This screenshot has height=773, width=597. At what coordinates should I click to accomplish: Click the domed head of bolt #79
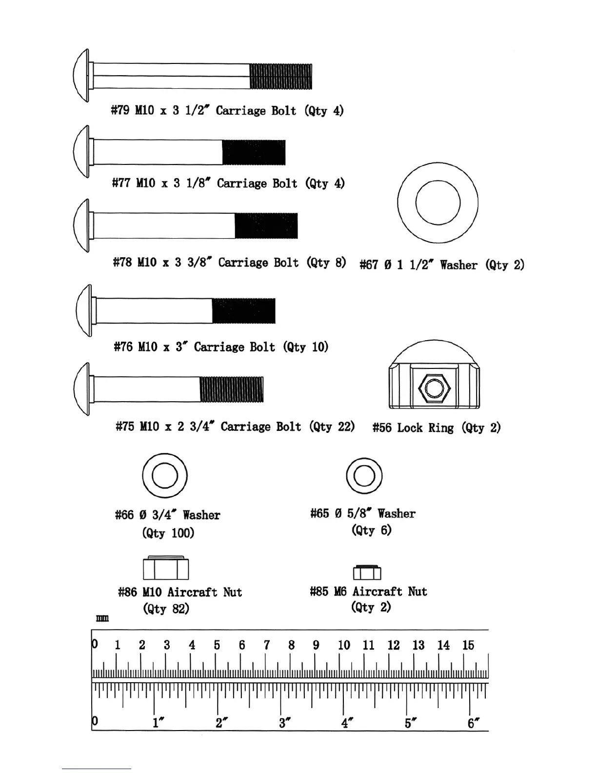81,76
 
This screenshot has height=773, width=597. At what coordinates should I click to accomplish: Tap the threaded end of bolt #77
254,152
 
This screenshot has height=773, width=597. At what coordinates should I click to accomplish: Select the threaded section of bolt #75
232,389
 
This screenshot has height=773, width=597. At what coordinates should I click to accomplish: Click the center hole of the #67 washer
438,203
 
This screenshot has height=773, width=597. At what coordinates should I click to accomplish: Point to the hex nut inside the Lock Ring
434,388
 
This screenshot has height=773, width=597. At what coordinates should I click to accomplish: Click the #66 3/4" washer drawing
165,476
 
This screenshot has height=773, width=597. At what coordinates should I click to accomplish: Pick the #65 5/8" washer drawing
364,476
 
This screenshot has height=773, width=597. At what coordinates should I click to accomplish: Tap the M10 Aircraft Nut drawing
166,568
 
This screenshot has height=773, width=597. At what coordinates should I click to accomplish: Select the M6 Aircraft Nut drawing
367,572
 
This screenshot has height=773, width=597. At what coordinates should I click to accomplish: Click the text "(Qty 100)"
168,533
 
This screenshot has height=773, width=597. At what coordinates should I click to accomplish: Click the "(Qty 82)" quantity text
166,609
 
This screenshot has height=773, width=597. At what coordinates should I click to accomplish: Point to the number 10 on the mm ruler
344,645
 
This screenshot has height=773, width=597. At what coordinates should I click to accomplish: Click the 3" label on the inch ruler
284,723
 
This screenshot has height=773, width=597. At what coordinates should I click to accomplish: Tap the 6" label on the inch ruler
473,723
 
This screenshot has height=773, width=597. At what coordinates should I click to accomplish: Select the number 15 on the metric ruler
468,645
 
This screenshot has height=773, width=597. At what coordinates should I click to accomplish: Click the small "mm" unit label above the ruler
102,619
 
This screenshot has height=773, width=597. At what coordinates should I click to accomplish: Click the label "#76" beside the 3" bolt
123,347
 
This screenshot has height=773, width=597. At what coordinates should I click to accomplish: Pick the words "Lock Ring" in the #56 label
425,428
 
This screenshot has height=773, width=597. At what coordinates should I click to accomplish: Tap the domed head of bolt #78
81,225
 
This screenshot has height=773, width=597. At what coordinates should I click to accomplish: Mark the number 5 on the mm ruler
217,645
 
